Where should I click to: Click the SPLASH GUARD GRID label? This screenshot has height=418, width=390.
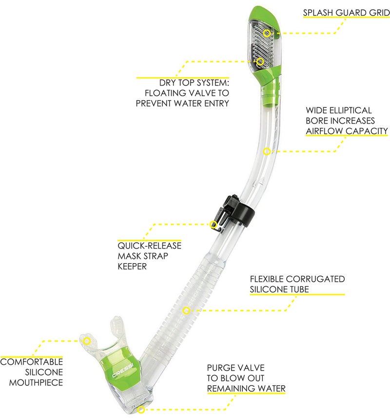click(346, 12)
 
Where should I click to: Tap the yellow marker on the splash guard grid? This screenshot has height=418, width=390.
click(267, 33)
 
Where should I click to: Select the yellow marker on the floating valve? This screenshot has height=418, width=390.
click(260, 61)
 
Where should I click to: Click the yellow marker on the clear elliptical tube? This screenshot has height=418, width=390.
click(267, 151)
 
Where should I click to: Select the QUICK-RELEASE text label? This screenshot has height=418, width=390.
click(149, 246)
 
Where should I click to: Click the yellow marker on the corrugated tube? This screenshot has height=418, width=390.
click(186, 310)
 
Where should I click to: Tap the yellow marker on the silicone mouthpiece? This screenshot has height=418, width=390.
click(87, 340)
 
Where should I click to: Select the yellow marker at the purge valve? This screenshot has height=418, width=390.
click(141, 409)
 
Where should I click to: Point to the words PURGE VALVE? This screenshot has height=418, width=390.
click(235, 368)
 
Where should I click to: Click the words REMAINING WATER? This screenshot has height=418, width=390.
click(246, 389)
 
